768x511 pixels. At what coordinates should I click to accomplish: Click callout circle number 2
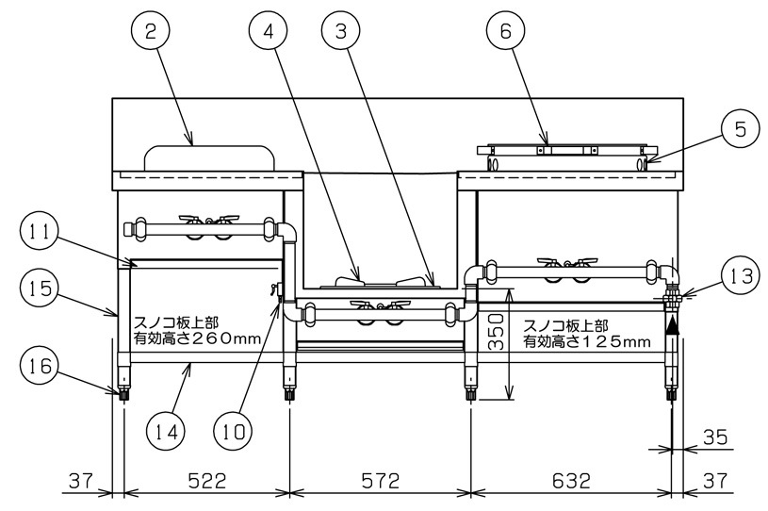[151, 31]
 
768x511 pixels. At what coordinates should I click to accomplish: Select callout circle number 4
[269, 31]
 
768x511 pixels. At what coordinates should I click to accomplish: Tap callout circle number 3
[341, 31]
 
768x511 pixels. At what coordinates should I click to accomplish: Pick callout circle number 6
[505, 31]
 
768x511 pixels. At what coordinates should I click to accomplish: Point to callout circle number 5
[741, 130]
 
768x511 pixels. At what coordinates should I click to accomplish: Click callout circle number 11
[41, 232]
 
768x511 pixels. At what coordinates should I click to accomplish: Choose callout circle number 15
[41, 288]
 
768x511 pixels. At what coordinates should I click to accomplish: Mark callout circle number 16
[41, 366]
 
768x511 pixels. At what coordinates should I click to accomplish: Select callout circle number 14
[167, 432]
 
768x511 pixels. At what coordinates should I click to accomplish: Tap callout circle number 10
[234, 432]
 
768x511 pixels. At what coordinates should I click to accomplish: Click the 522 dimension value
[206, 481]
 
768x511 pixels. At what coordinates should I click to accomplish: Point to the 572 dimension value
[380, 481]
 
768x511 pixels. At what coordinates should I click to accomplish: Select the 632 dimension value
[571, 481]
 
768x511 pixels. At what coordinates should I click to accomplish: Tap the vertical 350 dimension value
[497, 331]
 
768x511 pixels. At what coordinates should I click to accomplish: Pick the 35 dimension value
[715, 437]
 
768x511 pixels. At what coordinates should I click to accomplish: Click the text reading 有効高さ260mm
[197, 338]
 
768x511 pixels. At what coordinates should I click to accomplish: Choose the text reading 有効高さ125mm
[587, 341]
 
